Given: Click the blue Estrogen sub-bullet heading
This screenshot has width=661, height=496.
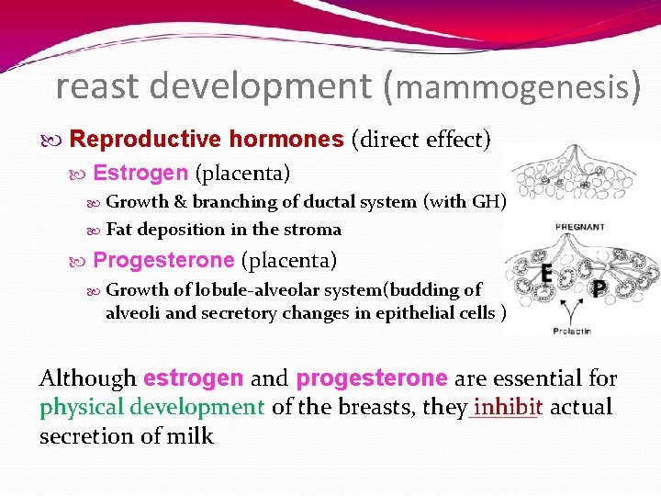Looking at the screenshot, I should click(140, 173).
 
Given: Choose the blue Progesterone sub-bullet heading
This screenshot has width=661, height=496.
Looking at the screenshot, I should click(163, 261).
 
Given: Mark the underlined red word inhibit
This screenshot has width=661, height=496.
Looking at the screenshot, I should click(503, 406).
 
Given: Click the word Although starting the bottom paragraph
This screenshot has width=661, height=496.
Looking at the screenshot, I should click(88, 378).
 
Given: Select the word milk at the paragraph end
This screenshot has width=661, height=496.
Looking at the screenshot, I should click(192, 435).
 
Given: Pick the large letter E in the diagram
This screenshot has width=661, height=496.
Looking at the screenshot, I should click(545, 273).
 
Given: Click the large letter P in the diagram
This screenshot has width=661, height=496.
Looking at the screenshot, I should click(598, 289).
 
